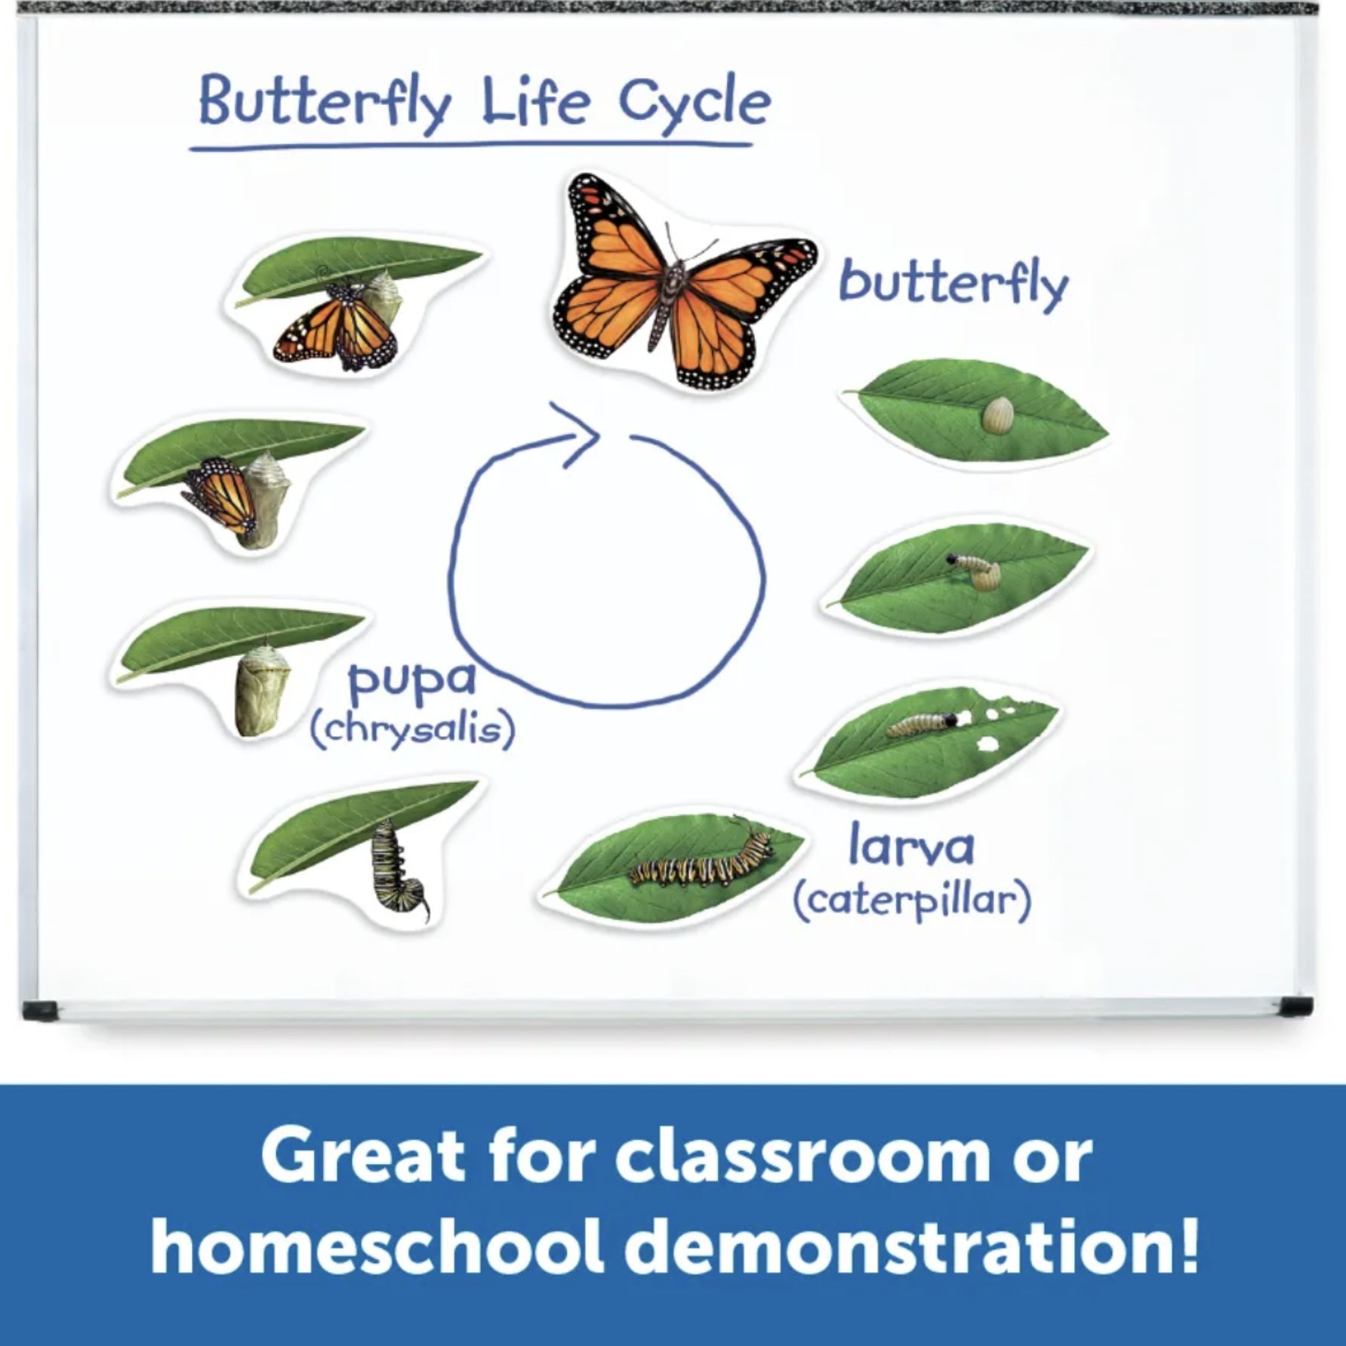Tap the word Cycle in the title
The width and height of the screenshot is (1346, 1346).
click(x=695, y=105)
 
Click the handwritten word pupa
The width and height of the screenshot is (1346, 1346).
click(x=411, y=682)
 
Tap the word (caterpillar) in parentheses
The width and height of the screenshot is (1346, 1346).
click(x=912, y=900)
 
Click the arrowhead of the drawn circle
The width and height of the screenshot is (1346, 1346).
click(x=578, y=433)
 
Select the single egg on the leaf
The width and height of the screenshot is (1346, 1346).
click(x=997, y=416)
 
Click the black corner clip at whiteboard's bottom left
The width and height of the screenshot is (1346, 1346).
click(x=39, y=1009)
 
